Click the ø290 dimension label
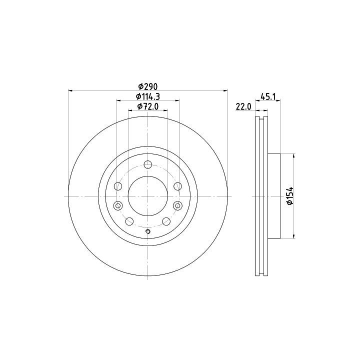[148, 86]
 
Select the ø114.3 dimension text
[148, 96]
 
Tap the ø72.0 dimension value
[148, 106]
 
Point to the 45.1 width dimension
[268, 96]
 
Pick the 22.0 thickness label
[244, 106]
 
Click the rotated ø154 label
[290, 196]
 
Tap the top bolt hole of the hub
[148, 164]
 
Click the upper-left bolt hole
[118, 186]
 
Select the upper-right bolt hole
[177, 186]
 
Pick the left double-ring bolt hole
[118, 205]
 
